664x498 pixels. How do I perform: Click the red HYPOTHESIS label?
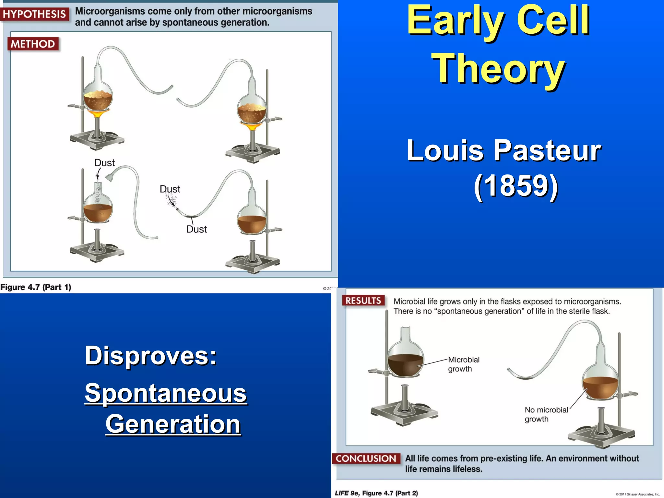34,14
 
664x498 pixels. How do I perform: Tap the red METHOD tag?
33,44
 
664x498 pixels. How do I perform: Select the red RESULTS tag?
363,301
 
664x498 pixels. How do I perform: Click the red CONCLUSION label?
366,458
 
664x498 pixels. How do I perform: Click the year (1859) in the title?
516,185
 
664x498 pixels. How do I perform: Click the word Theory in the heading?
498,69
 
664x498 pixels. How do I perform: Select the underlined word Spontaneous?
166,393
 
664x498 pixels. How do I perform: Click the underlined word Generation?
173,424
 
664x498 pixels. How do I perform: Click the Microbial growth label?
463,364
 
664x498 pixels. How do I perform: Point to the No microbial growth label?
546,414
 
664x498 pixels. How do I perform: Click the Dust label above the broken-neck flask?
104,163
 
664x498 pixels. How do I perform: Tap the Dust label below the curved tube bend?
196,229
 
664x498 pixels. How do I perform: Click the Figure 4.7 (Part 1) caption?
36,287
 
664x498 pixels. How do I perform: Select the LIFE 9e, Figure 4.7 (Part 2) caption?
376,493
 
